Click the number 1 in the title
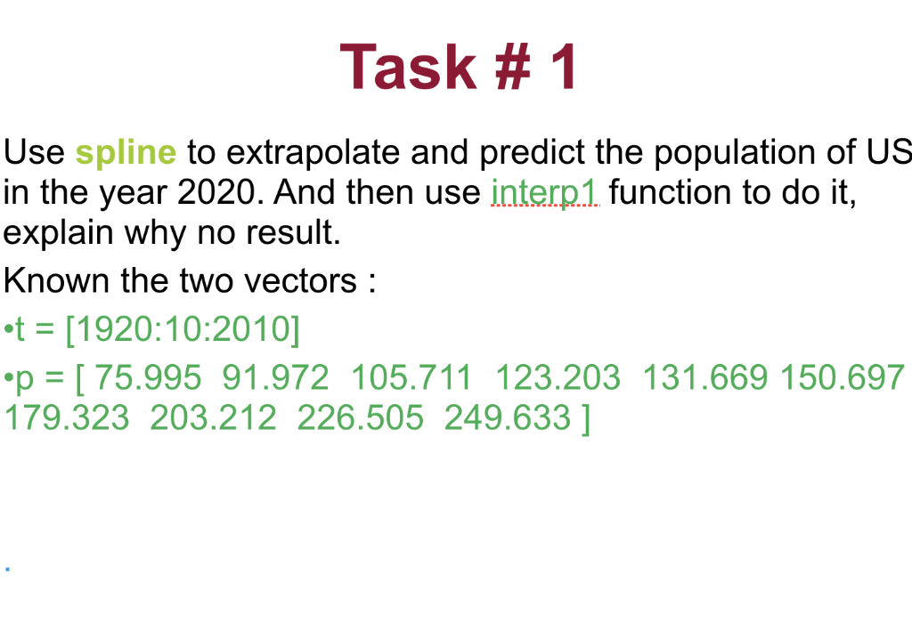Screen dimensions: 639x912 [x=562, y=67]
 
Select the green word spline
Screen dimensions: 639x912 [x=126, y=153]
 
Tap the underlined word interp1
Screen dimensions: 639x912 [x=545, y=192]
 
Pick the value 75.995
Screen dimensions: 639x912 [x=148, y=377]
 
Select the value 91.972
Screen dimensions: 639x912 [x=276, y=377]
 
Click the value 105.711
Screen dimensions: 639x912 [x=411, y=377]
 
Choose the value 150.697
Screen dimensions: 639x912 [x=843, y=377]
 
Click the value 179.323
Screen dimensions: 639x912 [x=66, y=417]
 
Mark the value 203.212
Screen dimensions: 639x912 [x=214, y=417]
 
